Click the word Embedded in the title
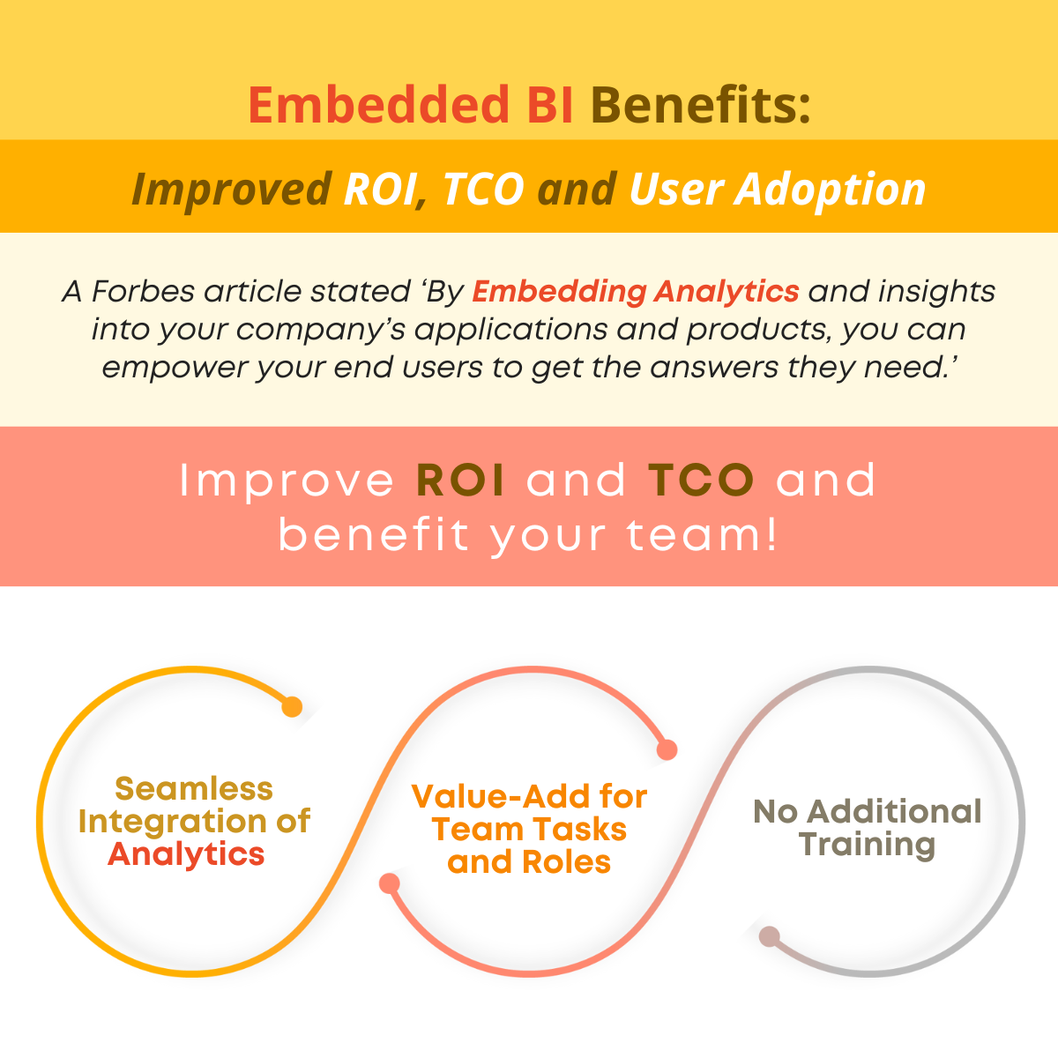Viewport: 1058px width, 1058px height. pyautogui.click(x=379, y=105)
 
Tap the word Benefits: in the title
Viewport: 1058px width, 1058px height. pyautogui.click(x=701, y=105)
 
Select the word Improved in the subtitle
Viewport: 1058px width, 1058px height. pyautogui.click(x=232, y=190)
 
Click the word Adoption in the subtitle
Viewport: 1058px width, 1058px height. pyautogui.click(x=831, y=190)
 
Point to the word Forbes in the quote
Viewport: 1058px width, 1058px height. pyautogui.click(x=143, y=291)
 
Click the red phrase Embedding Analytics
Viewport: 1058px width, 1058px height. pyautogui.click(x=635, y=292)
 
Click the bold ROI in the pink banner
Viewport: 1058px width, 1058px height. pyautogui.click(x=460, y=481)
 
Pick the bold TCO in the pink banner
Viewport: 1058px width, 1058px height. pyautogui.click(x=701, y=481)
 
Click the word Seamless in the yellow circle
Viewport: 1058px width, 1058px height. pyautogui.click(x=194, y=789)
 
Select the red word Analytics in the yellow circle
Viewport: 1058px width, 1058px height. pyautogui.click(x=186, y=854)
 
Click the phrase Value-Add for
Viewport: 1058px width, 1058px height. pyautogui.click(x=529, y=796)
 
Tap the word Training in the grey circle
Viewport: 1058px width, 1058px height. pyautogui.click(x=868, y=846)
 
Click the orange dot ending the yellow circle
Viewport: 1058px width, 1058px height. pyautogui.click(x=292, y=706)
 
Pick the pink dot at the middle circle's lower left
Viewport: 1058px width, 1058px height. pyautogui.click(x=390, y=883)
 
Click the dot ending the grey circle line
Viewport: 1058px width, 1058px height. pyautogui.click(x=769, y=936)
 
